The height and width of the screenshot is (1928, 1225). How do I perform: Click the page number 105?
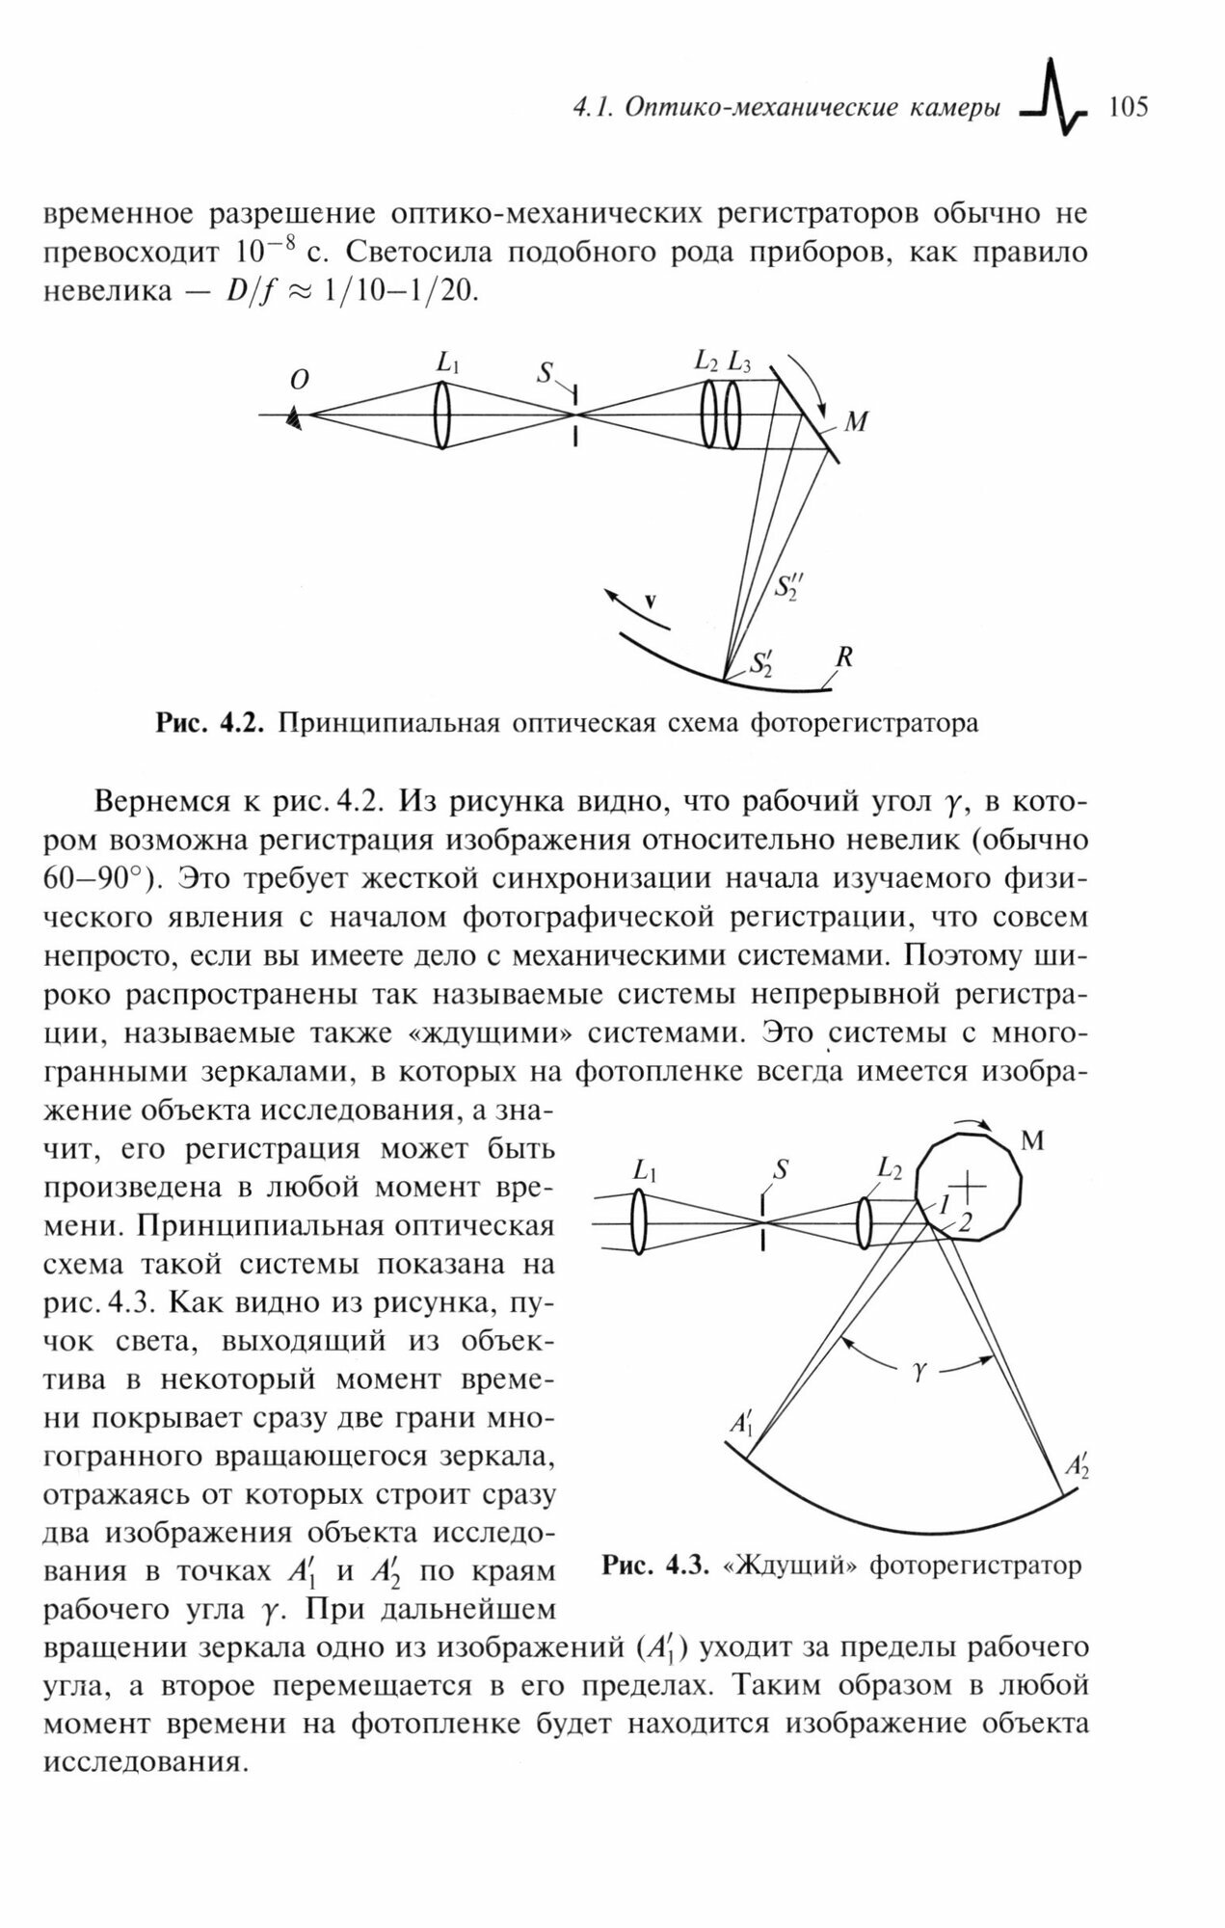click(1129, 106)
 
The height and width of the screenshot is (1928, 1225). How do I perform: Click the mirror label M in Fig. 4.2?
click(855, 422)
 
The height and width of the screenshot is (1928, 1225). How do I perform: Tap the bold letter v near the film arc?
click(650, 601)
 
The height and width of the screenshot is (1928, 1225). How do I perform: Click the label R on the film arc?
click(843, 657)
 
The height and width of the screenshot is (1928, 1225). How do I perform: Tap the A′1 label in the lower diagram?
click(741, 1422)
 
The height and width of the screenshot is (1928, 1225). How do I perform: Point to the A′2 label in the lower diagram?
click(1077, 1465)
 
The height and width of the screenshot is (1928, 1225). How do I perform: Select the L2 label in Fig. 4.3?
click(889, 1169)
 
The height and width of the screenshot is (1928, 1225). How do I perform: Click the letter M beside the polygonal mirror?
click(1032, 1142)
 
